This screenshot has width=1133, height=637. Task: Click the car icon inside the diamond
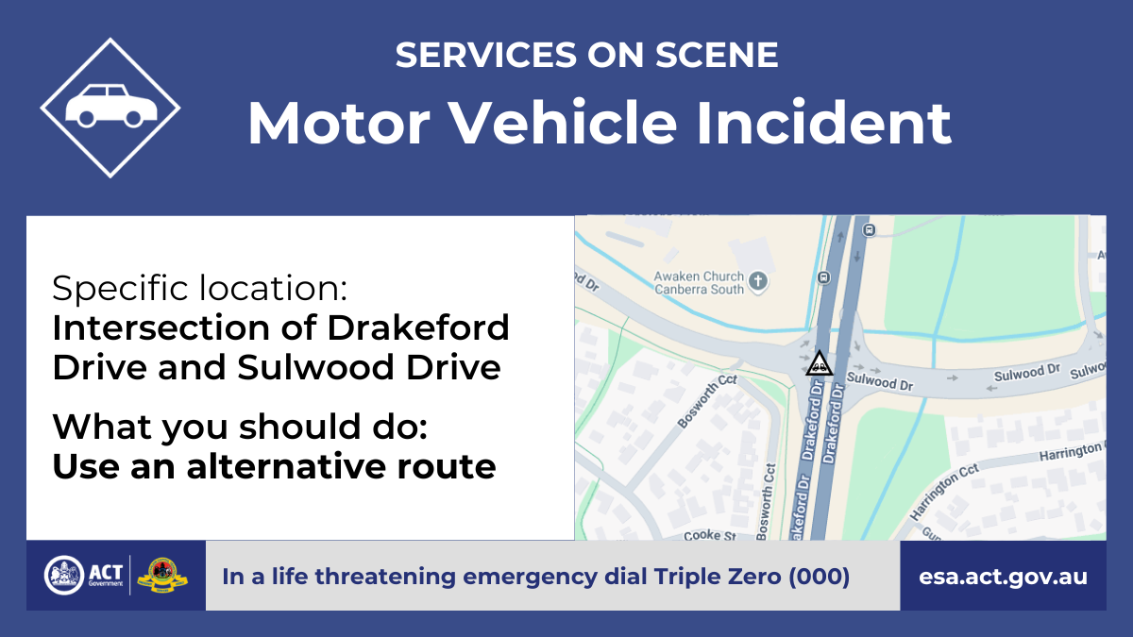(x=111, y=105)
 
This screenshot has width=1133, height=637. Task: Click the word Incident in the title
(x=823, y=123)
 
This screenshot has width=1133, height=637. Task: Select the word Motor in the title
(x=338, y=123)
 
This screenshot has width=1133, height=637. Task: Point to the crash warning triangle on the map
(x=820, y=363)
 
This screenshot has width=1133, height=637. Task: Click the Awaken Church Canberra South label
(x=699, y=282)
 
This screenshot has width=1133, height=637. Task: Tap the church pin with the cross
(x=757, y=281)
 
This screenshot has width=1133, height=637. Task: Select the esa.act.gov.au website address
(x=1003, y=577)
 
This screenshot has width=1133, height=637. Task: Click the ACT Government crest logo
(x=64, y=576)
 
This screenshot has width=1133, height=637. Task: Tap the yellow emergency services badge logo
(x=162, y=576)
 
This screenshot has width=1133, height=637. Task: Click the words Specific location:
(x=200, y=288)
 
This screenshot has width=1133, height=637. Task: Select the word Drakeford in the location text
(x=417, y=327)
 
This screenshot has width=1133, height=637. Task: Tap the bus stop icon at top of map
(x=869, y=230)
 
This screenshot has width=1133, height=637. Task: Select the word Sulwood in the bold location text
(x=315, y=367)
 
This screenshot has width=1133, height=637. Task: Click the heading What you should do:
(x=240, y=427)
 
